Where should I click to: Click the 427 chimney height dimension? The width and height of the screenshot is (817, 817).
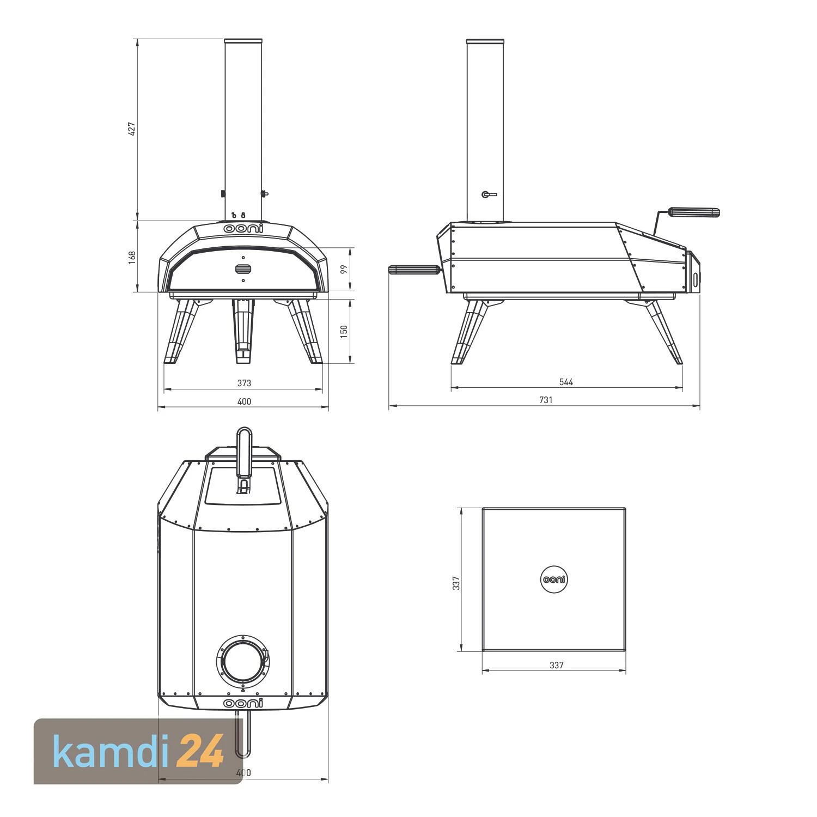[x=131, y=129]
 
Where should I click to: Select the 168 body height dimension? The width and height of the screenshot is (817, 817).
[x=131, y=257]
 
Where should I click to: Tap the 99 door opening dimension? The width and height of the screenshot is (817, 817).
[x=344, y=269]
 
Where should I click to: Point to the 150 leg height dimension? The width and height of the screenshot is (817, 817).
[x=344, y=331]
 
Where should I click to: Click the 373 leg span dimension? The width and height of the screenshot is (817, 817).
[x=244, y=383]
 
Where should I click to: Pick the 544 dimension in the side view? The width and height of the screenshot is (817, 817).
[x=566, y=382]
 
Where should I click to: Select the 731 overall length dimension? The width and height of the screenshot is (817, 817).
[x=546, y=400]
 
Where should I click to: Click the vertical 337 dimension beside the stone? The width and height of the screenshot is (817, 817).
[x=456, y=583]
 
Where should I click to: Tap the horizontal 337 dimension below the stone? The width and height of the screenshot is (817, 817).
[x=556, y=665]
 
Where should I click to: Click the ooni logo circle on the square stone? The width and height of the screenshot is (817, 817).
[x=554, y=580]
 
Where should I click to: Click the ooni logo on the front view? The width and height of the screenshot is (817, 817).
[x=243, y=229]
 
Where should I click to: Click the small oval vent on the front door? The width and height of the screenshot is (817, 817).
[x=243, y=269]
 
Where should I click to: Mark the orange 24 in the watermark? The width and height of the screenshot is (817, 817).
[x=201, y=751]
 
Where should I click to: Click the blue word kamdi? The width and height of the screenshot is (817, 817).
[x=112, y=751]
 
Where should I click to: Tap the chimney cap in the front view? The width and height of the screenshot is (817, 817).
[x=243, y=41]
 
